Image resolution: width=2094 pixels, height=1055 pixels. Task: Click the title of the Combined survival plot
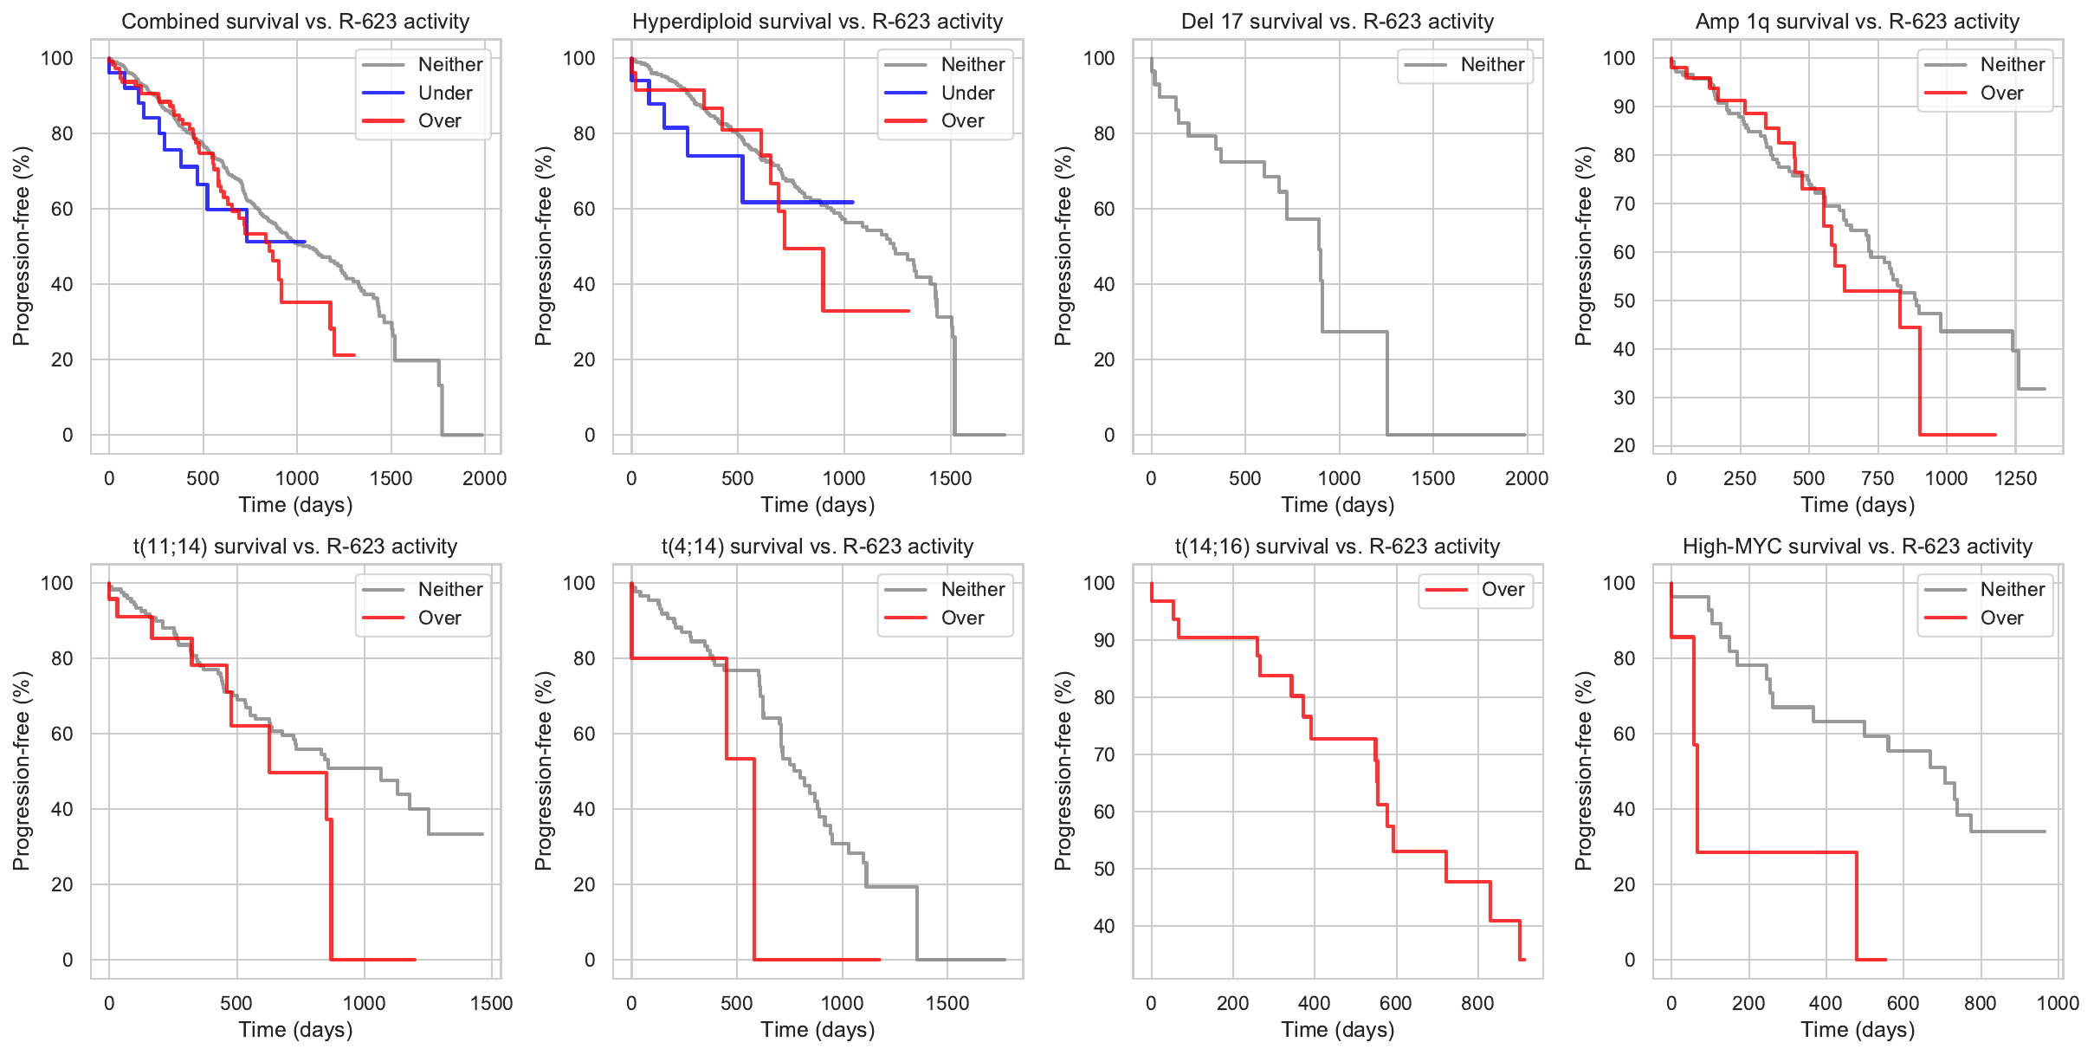tap(295, 22)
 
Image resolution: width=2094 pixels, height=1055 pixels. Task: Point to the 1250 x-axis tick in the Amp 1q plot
tap(2015, 478)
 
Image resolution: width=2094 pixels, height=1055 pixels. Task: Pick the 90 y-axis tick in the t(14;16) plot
tap(1103, 640)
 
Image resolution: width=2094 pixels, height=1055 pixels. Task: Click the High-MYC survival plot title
tap(1857, 547)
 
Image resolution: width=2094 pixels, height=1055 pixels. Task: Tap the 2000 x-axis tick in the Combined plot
tap(484, 478)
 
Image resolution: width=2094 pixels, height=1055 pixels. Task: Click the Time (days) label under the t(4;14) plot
tap(818, 1030)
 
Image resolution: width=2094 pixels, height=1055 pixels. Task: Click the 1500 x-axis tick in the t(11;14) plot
tap(491, 1003)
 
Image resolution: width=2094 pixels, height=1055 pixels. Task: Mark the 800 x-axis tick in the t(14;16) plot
tap(1477, 1003)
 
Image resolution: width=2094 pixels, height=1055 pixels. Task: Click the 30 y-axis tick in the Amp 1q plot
tap(1624, 398)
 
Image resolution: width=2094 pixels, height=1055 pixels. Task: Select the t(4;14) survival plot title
tap(818, 547)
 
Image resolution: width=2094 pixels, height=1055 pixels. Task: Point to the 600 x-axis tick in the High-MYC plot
tap(1903, 1003)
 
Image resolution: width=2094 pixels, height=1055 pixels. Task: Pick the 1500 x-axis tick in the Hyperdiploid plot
tap(950, 478)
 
